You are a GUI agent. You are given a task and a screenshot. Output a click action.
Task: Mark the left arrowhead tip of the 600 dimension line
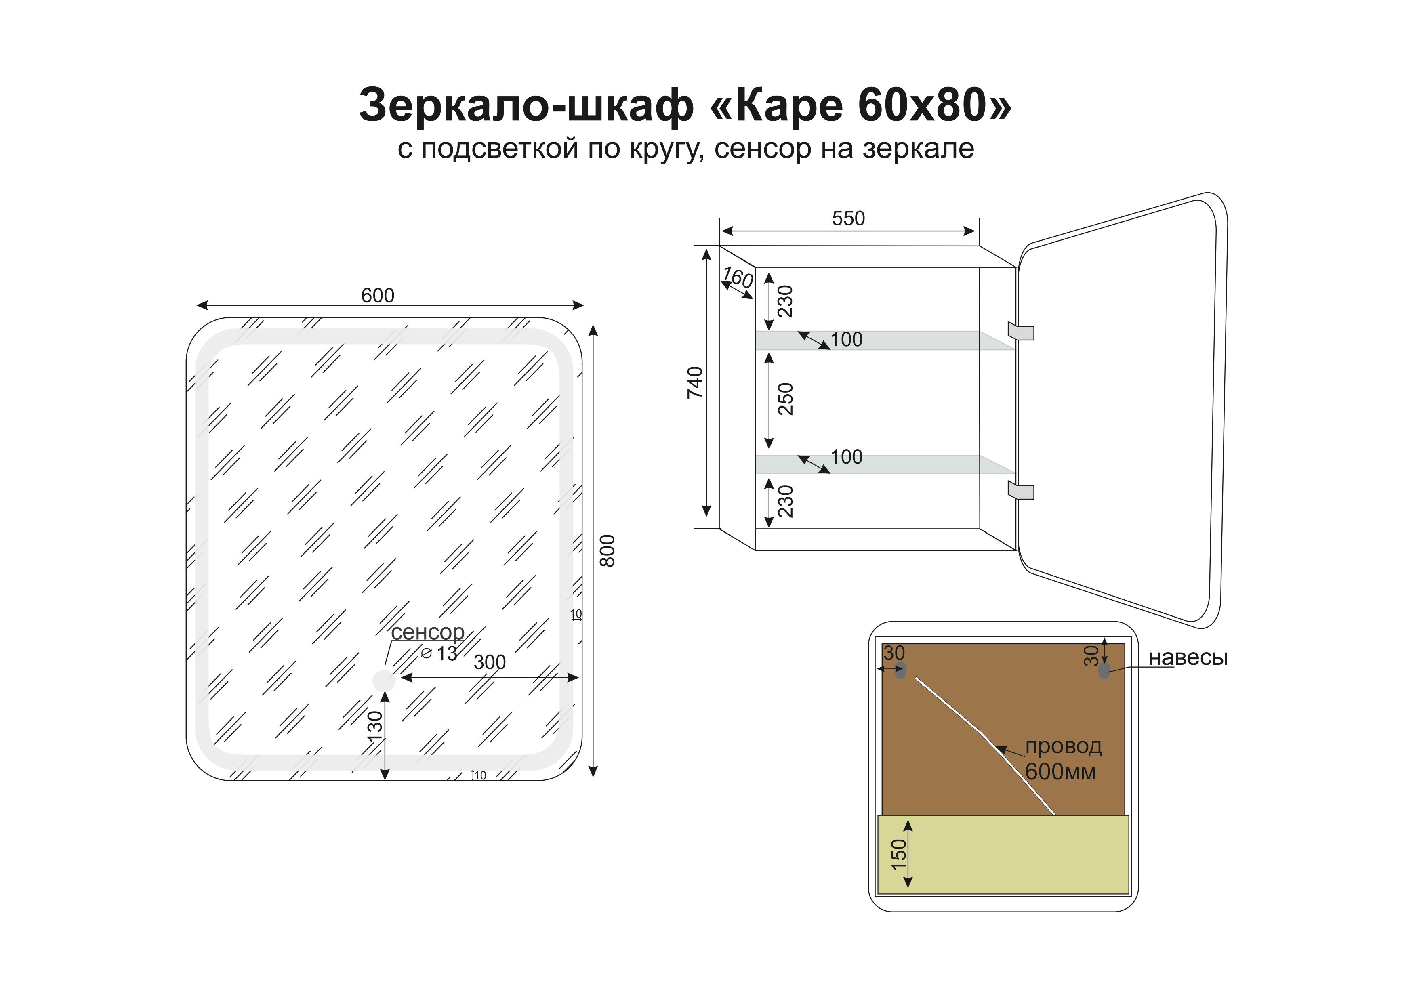[196, 305]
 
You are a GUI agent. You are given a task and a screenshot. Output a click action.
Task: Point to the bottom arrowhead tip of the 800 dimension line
[593, 776]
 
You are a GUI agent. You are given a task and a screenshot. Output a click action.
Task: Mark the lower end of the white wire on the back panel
[1054, 815]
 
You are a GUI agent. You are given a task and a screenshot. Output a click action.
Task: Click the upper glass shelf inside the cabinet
[885, 340]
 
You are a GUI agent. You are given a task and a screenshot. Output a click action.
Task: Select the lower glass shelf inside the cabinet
[885, 464]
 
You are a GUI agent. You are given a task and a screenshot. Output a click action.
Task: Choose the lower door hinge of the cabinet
[1021, 491]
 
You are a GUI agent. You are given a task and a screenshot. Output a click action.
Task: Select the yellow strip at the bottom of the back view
[1003, 855]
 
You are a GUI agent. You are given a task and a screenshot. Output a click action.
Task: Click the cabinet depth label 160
[738, 277]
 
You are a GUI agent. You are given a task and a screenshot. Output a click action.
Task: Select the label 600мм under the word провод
[1060, 772]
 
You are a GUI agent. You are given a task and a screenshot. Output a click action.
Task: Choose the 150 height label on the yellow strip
[899, 854]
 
